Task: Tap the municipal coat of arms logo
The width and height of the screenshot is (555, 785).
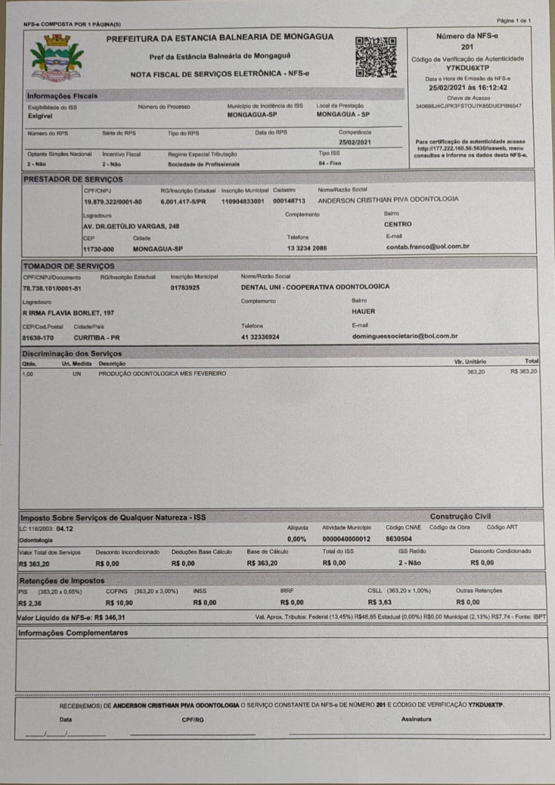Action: [x=57, y=57]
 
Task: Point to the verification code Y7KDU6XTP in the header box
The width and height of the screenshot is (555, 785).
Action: [x=468, y=67]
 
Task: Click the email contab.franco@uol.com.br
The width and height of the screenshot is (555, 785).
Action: [x=428, y=246]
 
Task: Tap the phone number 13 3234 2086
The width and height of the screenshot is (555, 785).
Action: [x=307, y=248]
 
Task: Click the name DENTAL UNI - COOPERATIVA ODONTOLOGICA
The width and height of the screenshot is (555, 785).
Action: [x=315, y=287]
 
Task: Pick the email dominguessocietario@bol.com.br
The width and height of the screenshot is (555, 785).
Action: [x=405, y=337]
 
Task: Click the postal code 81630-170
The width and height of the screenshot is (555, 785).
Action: [x=38, y=337]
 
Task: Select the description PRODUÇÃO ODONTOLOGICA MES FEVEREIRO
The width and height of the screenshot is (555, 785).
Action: [x=162, y=373]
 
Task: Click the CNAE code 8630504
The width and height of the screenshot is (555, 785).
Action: [x=399, y=538]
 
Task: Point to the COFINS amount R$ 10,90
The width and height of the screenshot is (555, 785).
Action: [x=119, y=602]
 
